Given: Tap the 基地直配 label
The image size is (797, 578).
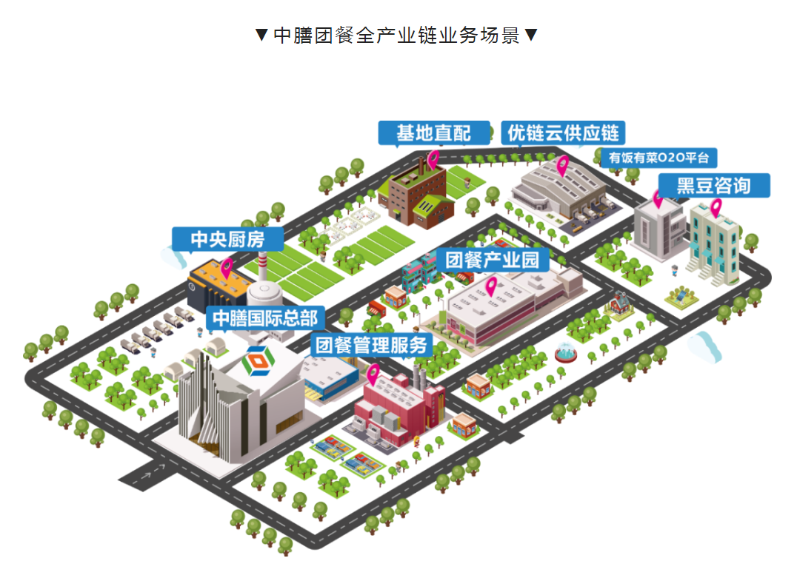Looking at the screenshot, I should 433,133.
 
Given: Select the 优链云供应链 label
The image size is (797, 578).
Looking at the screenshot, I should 563,133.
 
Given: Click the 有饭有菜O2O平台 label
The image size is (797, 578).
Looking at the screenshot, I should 658,158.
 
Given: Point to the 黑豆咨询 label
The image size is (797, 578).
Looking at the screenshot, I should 713,185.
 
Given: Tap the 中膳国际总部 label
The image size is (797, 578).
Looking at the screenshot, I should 264,317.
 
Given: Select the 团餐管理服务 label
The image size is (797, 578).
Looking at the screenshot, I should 372,345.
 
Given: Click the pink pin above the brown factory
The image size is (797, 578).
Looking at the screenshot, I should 433,158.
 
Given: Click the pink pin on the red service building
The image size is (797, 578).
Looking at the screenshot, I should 373,374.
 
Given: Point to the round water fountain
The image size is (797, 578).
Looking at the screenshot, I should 568,353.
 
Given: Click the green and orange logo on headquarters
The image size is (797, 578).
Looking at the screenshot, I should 259,360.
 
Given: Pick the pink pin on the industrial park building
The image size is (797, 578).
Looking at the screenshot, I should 490,285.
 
